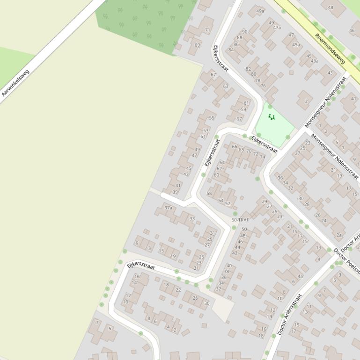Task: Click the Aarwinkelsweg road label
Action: pyautogui.click(x=15, y=83)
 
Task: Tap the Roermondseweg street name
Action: pyautogui.click(x=330, y=48)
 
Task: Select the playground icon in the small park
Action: pyautogui.click(x=271, y=117)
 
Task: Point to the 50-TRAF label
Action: pyautogui.click(x=240, y=220)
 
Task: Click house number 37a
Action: pyautogui.click(x=169, y=208)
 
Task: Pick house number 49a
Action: pyautogui.click(x=260, y=11)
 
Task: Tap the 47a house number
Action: pyautogui.click(x=277, y=28)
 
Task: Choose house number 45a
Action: pyautogui.click(x=296, y=45)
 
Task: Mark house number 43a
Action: pyautogui.click(x=314, y=61)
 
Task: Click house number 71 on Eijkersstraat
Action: pyautogui.click(x=207, y=30)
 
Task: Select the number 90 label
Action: pyautogui.click(x=244, y=32)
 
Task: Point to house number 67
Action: pyautogui.click(x=213, y=75)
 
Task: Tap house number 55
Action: pyautogui.click(x=212, y=118)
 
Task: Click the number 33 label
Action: pyautogui.click(x=192, y=218)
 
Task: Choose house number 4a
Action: pyautogui.click(x=301, y=276)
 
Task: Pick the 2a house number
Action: pyautogui.click(x=339, y=235)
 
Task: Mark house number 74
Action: pyautogui.click(x=262, y=157)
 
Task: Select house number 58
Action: pyautogui.click(x=209, y=193)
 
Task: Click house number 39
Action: pyautogui.click(x=175, y=192)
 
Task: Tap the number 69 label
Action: pyautogui.click(x=197, y=45)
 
